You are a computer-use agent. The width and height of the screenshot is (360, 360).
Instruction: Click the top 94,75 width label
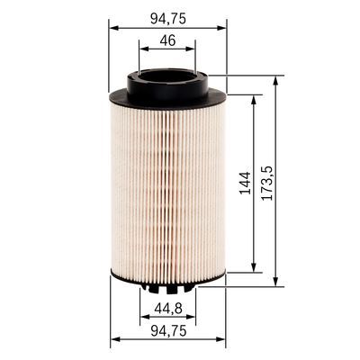[167, 15]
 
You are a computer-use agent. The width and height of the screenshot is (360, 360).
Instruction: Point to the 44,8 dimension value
[167, 308]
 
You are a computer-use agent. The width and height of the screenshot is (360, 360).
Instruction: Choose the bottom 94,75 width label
[167, 329]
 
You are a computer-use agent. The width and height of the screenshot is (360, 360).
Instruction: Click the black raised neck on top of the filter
[167, 82]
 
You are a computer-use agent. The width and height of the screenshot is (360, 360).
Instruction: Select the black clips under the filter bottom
[167, 289]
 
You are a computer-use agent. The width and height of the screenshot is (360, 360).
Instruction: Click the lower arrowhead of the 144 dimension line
[256, 267]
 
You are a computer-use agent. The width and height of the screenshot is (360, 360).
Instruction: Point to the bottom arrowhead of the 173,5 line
[275, 282]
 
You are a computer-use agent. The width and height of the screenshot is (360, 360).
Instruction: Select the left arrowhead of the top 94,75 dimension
[112, 27]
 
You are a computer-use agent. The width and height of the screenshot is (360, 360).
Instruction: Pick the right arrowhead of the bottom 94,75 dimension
[223, 340]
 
